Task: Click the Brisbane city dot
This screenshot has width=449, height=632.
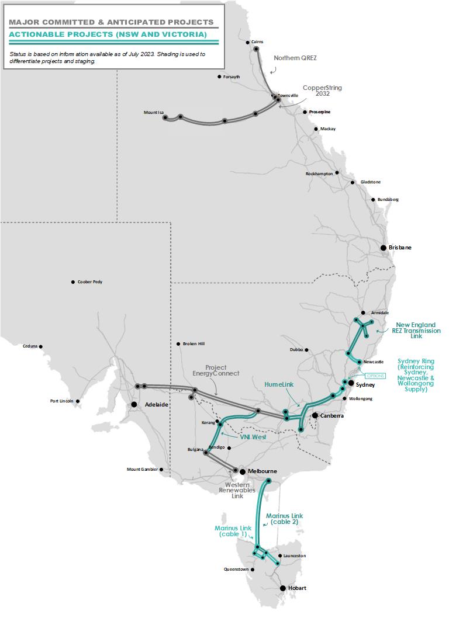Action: click(384, 248)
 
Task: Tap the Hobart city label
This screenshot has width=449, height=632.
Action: click(297, 588)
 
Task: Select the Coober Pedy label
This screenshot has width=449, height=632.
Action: click(90, 282)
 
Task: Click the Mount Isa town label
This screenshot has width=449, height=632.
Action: click(153, 113)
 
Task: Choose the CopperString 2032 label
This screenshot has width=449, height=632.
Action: click(322, 91)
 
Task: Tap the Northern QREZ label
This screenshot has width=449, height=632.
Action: click(295, 58)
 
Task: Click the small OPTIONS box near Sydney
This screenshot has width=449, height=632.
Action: click(375, 376)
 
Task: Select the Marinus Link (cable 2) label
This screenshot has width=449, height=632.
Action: click(285, 519)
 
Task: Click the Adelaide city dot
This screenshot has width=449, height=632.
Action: click(134, 404)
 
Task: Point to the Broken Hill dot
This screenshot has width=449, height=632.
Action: click(178, 344)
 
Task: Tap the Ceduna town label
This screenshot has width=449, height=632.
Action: click(30, 346)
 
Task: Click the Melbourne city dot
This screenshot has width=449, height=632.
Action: click(242, 471)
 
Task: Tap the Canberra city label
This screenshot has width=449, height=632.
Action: click(331, 416)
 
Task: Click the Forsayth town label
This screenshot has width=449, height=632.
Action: click(232, 77)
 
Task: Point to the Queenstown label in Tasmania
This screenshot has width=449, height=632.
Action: click(236, 569)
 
